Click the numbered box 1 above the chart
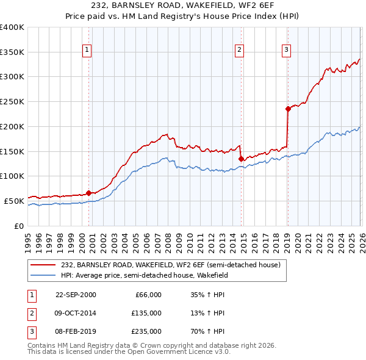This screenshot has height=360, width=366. click(x=88, y=50)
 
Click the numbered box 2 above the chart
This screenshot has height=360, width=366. click(x=240, y=50)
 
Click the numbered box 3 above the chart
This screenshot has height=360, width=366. click(x=286, y=50)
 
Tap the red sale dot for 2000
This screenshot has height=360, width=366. click(x=89, y=193)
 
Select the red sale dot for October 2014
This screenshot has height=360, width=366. click(x=241, y=159)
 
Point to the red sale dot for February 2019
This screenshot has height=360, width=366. click(x=287, y=109)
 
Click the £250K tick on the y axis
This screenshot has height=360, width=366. click(x=12, y=102)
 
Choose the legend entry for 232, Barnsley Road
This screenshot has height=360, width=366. click(x=170, y=265)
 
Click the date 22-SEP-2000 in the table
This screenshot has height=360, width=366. click(x=76, y=295)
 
